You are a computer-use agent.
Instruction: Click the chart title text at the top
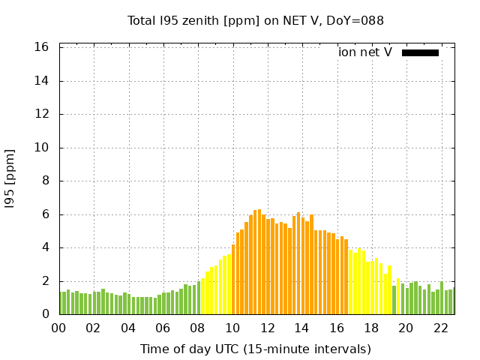256,21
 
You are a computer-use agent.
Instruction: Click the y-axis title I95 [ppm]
10,180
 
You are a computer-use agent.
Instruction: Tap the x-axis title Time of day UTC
256,349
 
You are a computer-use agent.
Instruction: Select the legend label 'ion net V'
365,52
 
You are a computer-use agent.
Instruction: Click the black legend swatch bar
420,52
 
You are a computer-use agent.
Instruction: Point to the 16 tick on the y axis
42,47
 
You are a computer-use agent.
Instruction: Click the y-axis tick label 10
42,148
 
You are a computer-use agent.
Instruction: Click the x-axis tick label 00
58,328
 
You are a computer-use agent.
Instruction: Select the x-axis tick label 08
197,328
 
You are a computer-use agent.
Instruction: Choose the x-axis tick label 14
301,328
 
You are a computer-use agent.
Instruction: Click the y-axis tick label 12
42,114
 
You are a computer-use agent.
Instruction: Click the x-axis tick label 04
128,328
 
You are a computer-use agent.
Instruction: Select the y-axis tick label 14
42,81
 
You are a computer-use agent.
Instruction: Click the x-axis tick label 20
406,328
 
